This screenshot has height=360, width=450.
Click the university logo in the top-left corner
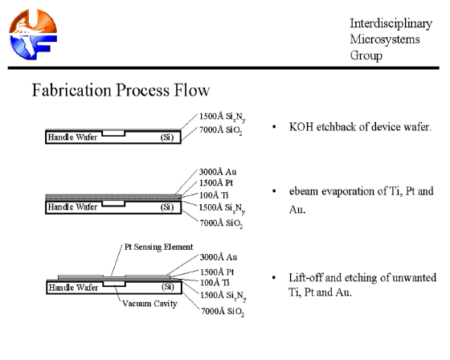(33, 35)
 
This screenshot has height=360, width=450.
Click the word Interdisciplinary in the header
(391, 23)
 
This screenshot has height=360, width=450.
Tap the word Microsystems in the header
(385, 39)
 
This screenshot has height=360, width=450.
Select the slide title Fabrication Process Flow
(121, 90)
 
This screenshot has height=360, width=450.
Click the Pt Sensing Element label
(159, 247)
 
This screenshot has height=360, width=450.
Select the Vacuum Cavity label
(149, 304)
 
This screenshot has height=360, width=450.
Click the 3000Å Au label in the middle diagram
(218, 172)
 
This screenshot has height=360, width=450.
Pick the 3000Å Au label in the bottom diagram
(219, 257)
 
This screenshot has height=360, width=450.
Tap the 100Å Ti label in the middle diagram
(214, 195)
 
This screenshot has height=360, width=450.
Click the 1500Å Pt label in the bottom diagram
(217, 272)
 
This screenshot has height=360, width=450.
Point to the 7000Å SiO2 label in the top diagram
(221, 130)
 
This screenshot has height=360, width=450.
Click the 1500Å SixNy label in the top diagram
(222, 117)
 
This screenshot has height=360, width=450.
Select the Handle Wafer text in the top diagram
(72, 137)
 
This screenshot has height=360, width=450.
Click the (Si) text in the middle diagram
(167, 207)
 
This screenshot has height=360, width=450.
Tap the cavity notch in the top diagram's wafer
(113, 133)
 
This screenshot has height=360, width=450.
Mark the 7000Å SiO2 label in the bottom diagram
(223, 312)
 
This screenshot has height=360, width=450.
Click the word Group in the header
(366, 55)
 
